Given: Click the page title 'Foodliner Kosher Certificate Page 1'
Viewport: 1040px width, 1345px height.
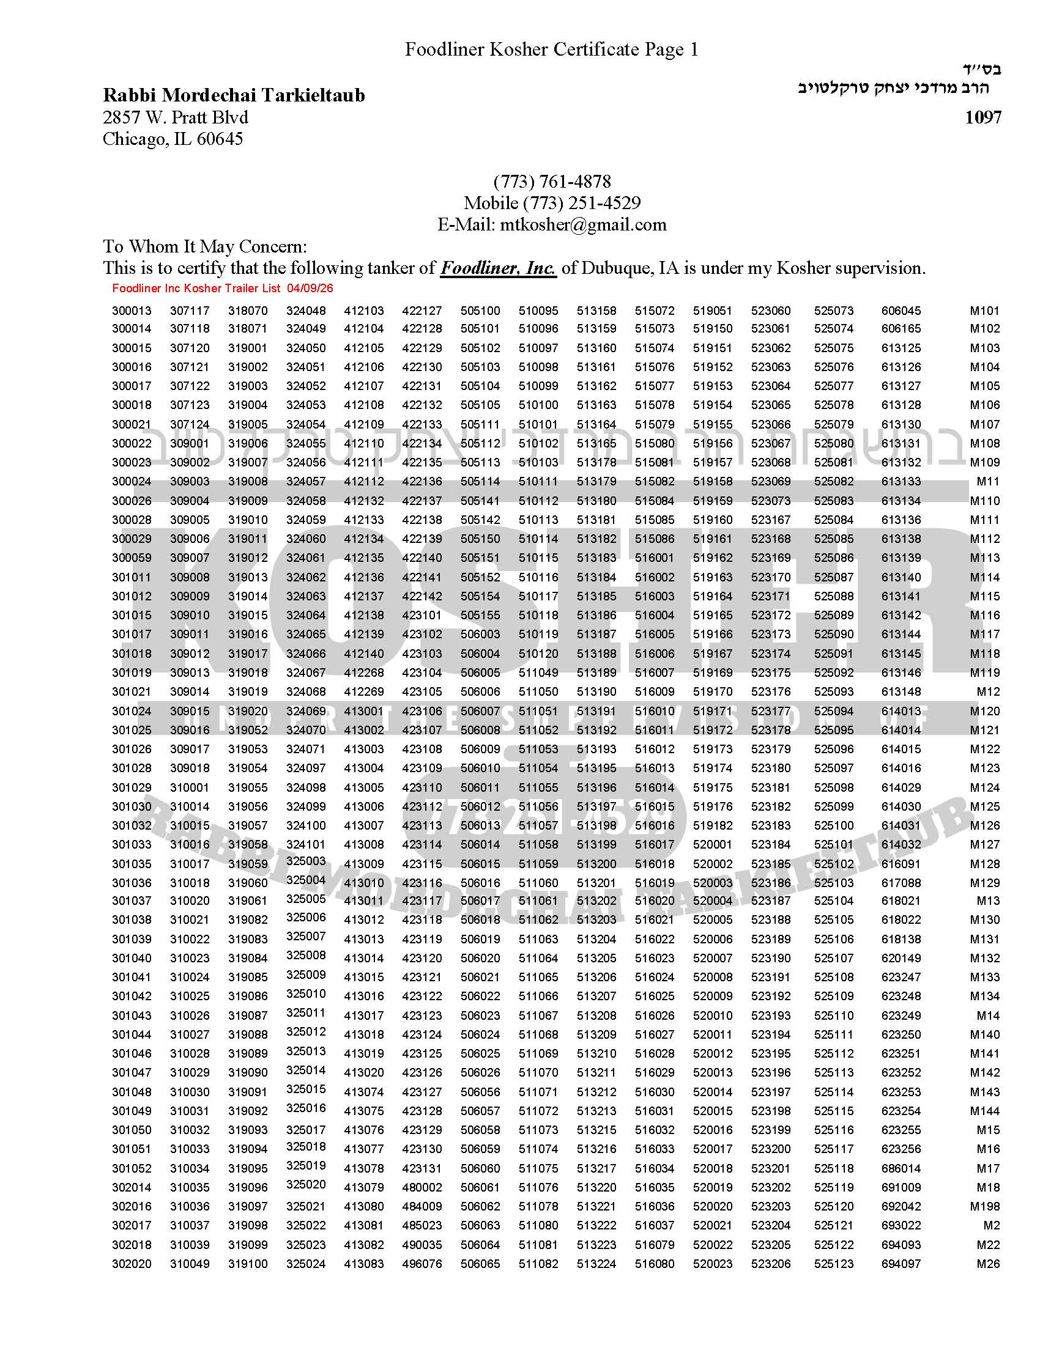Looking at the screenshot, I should [551, 50].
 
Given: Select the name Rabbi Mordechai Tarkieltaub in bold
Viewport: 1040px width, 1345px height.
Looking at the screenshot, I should [234, 95].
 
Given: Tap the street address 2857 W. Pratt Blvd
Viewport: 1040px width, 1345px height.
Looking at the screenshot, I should [175, 117].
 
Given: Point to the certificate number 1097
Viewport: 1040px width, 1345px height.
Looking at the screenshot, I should [982, 117].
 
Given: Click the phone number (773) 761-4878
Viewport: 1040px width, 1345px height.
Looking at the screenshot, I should [552, 182].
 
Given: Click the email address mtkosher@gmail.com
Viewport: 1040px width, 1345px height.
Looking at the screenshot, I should [583, 224].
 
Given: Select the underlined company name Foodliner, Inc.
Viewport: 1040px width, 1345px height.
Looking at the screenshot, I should [498, 268].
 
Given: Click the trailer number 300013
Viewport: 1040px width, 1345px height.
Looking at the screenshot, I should [132, 311].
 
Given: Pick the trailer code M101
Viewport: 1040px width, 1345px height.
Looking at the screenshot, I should [984, 311].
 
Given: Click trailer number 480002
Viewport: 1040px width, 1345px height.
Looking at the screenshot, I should [422, 1187].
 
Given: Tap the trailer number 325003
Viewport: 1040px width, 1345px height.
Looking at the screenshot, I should [306, 861].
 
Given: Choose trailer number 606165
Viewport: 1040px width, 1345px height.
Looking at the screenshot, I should [901, 328].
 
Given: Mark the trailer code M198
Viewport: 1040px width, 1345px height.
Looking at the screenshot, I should [984, 1206].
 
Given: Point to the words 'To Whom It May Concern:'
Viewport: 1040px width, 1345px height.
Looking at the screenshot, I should [204, 246].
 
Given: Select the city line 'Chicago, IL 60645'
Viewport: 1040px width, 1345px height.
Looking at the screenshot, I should [173, 139].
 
